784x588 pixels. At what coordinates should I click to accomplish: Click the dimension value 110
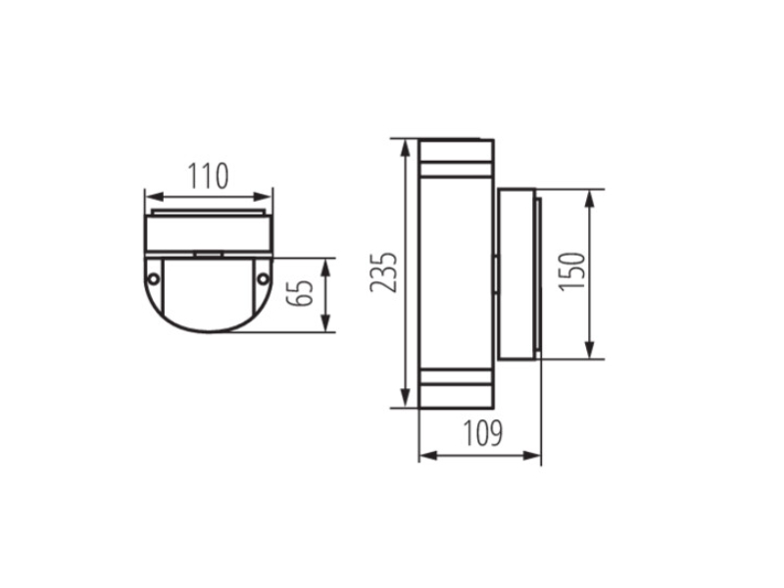(208, 175)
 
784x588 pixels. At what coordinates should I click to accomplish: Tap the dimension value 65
(300, 293)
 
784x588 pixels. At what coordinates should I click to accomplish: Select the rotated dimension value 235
(383, 272)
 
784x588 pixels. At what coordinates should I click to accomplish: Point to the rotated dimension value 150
(572, 271)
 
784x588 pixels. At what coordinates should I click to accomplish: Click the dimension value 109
(482, 433)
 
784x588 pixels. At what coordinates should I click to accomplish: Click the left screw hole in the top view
(154, 279)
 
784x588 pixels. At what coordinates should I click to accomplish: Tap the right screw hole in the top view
(263, 278)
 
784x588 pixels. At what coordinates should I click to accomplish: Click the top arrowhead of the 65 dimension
(326, 267)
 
